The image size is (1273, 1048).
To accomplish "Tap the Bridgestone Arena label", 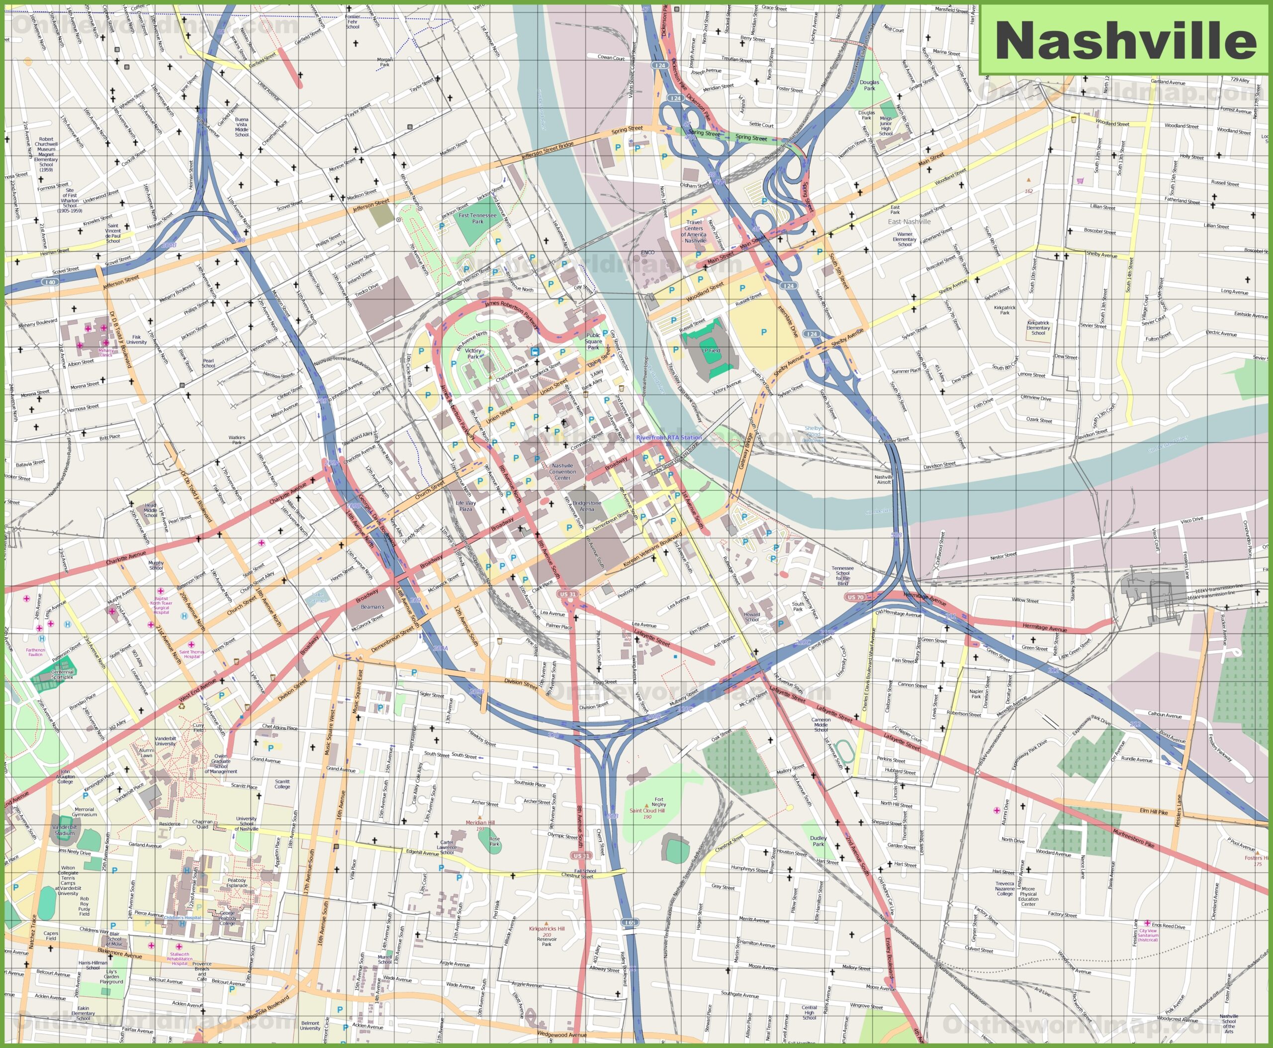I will pyautogui.click(x=586, y=506).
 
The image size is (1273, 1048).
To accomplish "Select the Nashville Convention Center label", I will pyautogui.click(x=562, y=471).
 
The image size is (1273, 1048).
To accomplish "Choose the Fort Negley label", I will pyautogui.click(x=659, y=802).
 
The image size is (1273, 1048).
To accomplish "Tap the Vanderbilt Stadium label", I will pyautogui.click(x=65, y=830).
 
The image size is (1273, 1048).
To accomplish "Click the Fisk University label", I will pyautogui.click(x=136, y=340).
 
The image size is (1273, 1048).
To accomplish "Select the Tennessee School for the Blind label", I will pyautogui.click(x=842, y=576).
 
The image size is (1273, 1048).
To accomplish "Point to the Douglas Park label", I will pyautogui.click(x=869, y=85).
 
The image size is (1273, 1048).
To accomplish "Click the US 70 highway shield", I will pyautogui.click(x=855, y=597).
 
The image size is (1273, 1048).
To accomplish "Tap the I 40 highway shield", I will pyautogui.click(x=50, y=282).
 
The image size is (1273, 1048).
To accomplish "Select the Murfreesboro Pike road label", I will pyautogui.click(x=1133, y=839).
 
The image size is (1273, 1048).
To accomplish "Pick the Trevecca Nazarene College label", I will pyautogui.click(x=1005, y=888).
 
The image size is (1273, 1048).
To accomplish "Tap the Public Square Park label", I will pyautogui.click(x=594, y=341).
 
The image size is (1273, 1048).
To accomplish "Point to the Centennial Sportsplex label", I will pyautogui.click(x=62, y=674).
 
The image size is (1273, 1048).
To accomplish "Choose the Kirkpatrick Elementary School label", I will pyautogui.click(x=1038, y=328).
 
